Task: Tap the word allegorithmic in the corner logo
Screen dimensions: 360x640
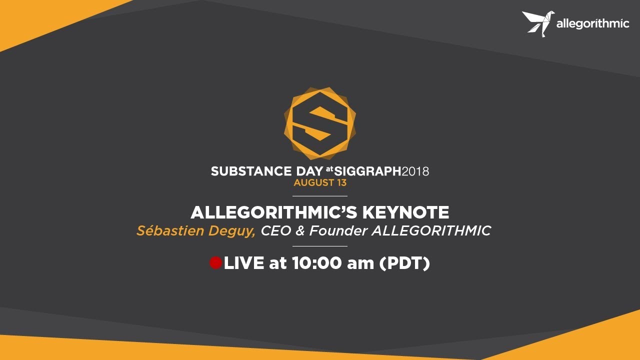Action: point(592,24)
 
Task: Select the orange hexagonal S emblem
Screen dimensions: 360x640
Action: point(320,123)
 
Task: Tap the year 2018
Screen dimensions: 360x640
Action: point(415,171)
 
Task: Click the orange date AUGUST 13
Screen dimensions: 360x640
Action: point(320,183)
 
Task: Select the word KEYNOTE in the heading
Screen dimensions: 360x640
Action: point(405,213)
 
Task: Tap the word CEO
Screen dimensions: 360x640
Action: point(277,231)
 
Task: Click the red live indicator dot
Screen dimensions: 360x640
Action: point(215,263)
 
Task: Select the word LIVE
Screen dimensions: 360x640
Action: point(244,263)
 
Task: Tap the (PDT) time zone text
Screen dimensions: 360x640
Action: point(404,263)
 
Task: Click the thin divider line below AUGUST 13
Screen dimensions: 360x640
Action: point(320,196)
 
